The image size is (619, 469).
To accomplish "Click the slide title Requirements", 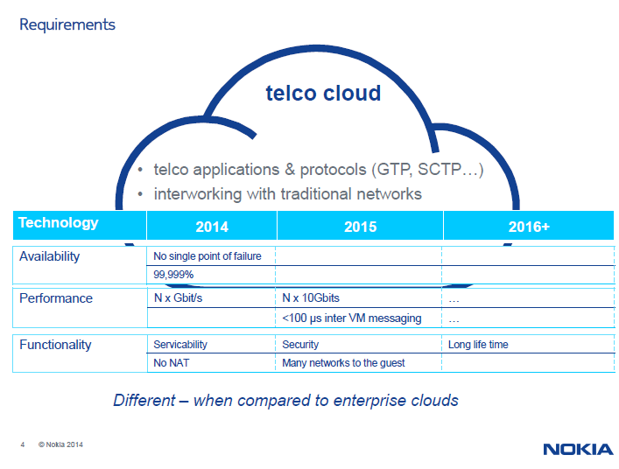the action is (67, 24).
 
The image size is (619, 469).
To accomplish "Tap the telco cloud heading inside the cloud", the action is (323, 93).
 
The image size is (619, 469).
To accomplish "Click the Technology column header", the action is (59, 223).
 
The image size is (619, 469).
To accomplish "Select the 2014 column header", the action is (212, 227).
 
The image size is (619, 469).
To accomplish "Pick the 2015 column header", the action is (361, 227).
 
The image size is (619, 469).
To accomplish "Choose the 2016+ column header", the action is (529, 227).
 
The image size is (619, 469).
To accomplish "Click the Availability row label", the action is (49, 256).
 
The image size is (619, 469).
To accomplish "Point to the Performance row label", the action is (56, 298).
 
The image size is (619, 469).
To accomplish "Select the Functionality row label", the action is (55, 345).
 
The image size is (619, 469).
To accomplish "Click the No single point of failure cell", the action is (208, 256).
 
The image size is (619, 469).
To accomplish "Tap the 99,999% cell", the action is (173, 275).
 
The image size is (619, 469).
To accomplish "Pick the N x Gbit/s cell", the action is (178, 297).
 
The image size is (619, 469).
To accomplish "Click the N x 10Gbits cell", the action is (311, 297).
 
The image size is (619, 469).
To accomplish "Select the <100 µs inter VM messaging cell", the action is (352, 318).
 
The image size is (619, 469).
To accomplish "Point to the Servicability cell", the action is (180, 345).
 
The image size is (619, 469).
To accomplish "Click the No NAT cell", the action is (172, 362).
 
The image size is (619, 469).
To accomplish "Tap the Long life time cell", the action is (478, 345).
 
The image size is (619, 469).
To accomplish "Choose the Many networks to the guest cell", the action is (343, 363).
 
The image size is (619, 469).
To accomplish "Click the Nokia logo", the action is (578, 449).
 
